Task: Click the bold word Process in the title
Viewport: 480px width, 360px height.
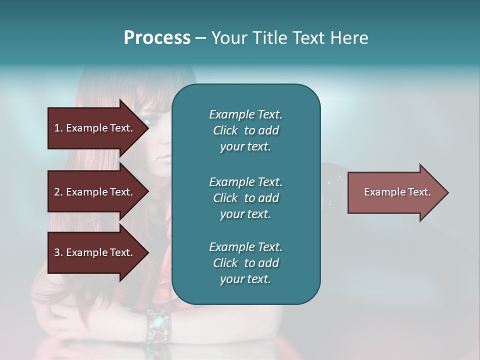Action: coord(157,37)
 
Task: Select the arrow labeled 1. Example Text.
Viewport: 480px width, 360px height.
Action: coord(95,128)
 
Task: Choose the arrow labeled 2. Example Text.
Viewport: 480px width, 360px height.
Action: coord(95,192)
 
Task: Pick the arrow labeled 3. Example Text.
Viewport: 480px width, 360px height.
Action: coord(95,252)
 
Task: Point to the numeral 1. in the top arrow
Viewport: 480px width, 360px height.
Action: coord(58,128)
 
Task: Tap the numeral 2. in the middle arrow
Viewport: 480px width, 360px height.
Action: coord(58,192)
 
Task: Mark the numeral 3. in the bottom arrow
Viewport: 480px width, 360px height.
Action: coord(58,252)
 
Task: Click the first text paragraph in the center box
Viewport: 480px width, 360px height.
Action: coord(245,130)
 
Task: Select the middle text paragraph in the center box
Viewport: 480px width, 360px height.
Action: coord(245,197)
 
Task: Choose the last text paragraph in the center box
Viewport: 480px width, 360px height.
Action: coord(245,263)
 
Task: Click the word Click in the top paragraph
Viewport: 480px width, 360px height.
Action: coord(225,130)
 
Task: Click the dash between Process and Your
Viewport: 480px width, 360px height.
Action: coord(201,38)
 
